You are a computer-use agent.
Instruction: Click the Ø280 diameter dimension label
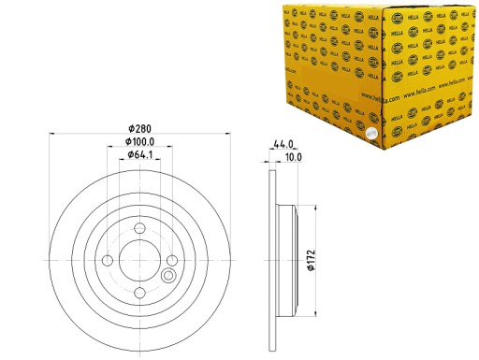(x=140, y=128)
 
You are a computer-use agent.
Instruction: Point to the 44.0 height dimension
(x=284, y=143)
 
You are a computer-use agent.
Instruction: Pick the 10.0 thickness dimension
(x=293, y=158)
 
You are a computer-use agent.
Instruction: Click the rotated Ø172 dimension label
(x=311, y=257)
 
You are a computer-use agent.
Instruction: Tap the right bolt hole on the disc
(x=172, y=260)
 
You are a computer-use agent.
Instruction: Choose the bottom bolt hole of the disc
(x=139, y=293)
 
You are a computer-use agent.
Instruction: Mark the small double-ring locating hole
(x=168, y=276)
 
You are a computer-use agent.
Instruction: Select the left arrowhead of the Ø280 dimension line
(x=50, y=136)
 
